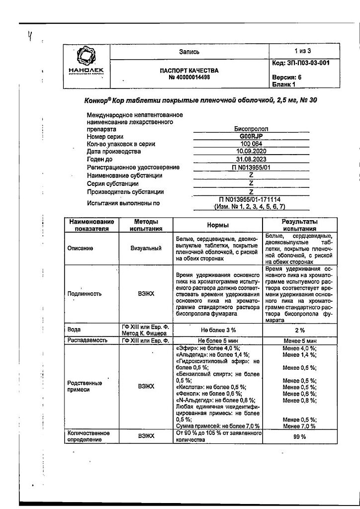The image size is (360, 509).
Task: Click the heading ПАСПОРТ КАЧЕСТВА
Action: coord(189,71)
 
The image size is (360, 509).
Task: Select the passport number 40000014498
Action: coord(189,78)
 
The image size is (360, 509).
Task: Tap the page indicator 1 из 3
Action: coord(302,51)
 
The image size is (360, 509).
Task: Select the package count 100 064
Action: coord(251,144)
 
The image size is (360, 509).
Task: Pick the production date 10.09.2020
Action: coord(251,152)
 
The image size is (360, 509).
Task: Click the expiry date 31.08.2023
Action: coord(251,160)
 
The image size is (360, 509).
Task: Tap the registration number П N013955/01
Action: coord(251,168)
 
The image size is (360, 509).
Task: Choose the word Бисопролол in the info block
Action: coord(251,129)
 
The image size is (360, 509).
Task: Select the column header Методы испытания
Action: coord(146,225)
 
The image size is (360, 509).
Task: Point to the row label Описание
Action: coord(80,248)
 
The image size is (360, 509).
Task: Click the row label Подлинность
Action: coord(84,293)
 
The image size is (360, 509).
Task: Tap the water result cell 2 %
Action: coord(299,330)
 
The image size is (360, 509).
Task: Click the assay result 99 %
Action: coord(299,436)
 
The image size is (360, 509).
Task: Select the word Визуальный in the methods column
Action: coord(146,248)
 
